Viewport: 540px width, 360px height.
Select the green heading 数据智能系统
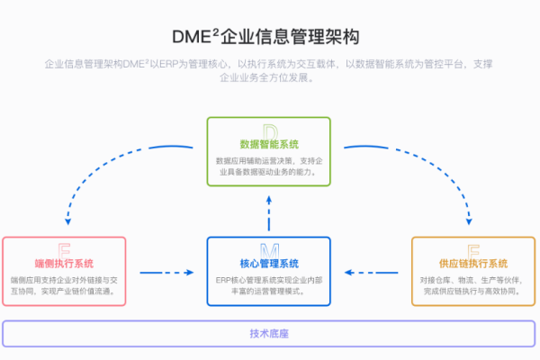[269, 144]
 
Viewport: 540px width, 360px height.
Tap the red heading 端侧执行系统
[64, 264]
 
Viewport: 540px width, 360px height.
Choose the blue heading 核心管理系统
[269, 264]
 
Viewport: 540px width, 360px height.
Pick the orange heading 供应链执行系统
[473, 264]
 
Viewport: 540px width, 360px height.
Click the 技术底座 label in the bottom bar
[269, 334]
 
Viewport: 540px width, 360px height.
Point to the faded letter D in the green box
[269, 131]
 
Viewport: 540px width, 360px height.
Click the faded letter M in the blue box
[269, 250]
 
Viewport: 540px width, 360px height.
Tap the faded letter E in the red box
[64, 250]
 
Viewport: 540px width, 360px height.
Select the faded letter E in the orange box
[473, 250]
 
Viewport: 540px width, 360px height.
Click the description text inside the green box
[269, 166]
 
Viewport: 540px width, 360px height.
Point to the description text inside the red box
[64, 286]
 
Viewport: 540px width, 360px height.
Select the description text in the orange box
[473, 286]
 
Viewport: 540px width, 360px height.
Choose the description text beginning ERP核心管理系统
[269, 286]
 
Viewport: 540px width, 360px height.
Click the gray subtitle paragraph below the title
[269, 71]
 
